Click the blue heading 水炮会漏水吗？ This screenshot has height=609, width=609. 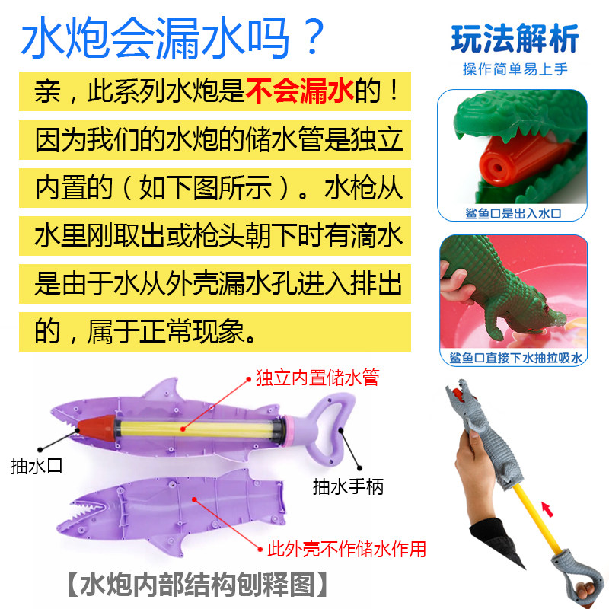point(173,37)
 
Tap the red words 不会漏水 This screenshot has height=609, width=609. point(299,91)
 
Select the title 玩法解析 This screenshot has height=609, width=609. point(515,39)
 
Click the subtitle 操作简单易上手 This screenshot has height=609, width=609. point(515,69)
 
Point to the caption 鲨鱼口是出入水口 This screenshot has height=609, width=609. point(513,213)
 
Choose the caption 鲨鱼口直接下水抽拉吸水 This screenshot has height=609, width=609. point(515,357)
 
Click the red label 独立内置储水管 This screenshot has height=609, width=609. point(317,378)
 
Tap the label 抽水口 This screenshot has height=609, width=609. point(36,466)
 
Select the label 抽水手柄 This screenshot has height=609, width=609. point(348,486)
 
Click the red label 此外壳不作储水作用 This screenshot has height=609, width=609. point(346,549)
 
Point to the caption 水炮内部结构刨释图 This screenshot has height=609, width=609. point(197,584)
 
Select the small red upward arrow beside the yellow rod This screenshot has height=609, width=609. point(547,509)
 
